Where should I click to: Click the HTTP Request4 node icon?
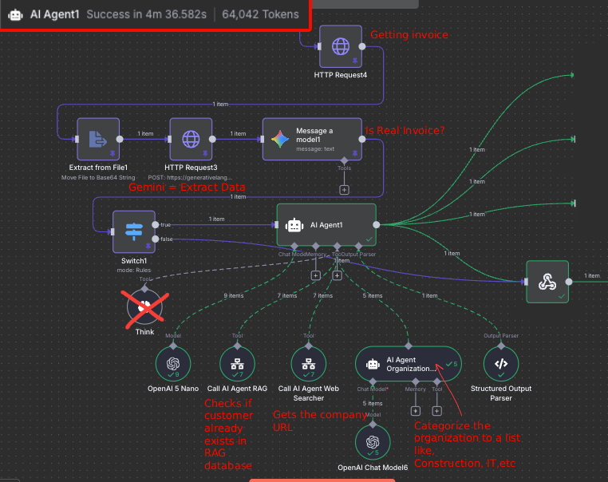[x=341, y=46]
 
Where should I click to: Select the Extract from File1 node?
[x=98, y=139]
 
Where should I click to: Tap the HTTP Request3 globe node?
[x=191, y=139]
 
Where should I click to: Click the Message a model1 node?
[x=312, y=138]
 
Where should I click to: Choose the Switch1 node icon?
[x=133, y=231]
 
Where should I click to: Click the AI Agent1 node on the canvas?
[x=326, y=224]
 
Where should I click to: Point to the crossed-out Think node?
[x=144, y=305]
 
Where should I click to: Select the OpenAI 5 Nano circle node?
[x=173, y=365]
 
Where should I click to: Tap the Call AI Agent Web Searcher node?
[x=307, y=365]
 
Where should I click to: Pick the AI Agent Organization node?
[x=408, y=364]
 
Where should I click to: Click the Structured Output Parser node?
[x=501, y=365]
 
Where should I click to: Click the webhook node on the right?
[x=547, y=281]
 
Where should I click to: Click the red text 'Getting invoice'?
[x=409, y=35]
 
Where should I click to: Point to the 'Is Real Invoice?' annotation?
[x=405, y=131]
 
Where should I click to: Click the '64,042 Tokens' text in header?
[x=260, y=14]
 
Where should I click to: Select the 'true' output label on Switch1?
[x=165, y=224]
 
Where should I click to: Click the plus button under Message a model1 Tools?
[x=345, y=190]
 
